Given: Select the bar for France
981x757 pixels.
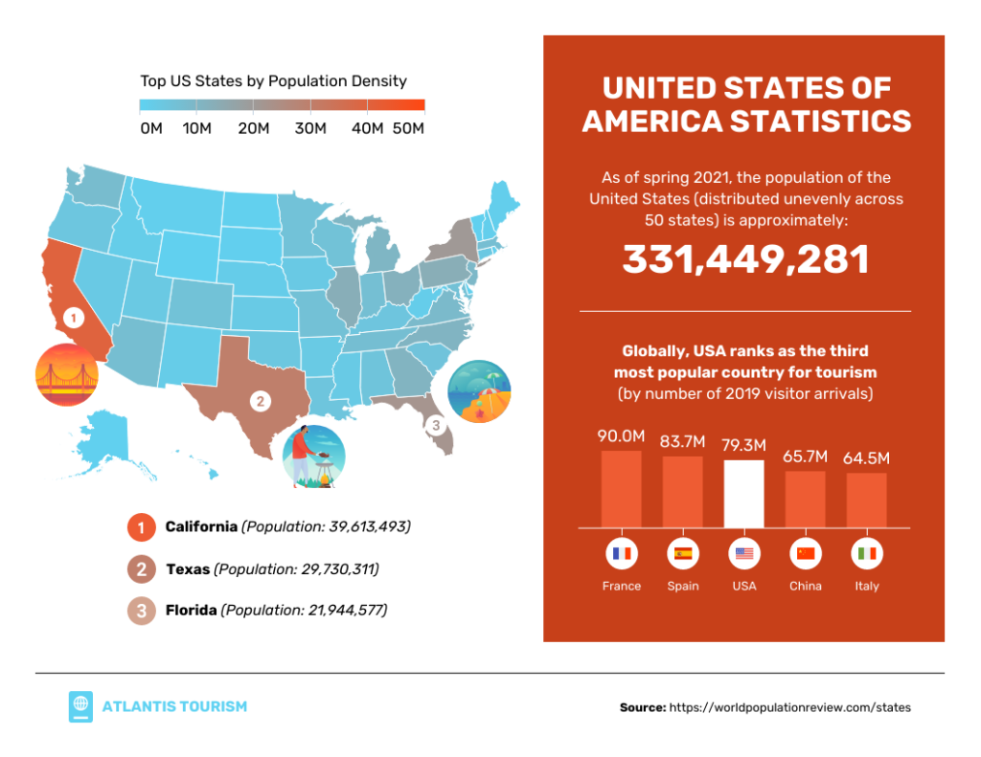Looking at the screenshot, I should (x=621, y=488).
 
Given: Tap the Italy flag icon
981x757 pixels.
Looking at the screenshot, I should (x=866, y=554).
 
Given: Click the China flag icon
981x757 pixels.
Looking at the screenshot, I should (x=805, y=554).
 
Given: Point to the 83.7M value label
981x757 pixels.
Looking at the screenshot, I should (x=682, y=442).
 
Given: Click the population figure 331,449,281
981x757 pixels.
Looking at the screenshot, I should (x=745, y=260).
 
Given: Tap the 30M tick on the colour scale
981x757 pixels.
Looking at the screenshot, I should (x=310, y=128).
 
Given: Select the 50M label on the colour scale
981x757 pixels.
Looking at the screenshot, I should (x=408, y=128).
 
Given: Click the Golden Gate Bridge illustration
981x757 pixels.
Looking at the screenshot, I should (x=67, y=374).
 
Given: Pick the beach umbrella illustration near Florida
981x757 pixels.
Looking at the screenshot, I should (x=479, y=391).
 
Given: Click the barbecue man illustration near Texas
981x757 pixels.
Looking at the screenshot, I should (x=313, y=456).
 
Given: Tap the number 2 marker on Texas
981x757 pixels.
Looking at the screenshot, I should (x=258, y=401).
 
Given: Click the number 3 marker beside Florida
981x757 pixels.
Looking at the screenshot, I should (x=436, y=424).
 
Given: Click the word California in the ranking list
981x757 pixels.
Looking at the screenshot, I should (x=201, y=526).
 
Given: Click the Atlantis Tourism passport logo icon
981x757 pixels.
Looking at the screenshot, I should (x=80, y=706).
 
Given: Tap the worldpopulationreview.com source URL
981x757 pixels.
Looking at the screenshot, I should (x=789, y=707).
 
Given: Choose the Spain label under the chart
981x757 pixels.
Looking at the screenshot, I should (x=683, y=586).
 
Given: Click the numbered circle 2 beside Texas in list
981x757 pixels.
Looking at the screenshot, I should (x=141, y=568).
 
